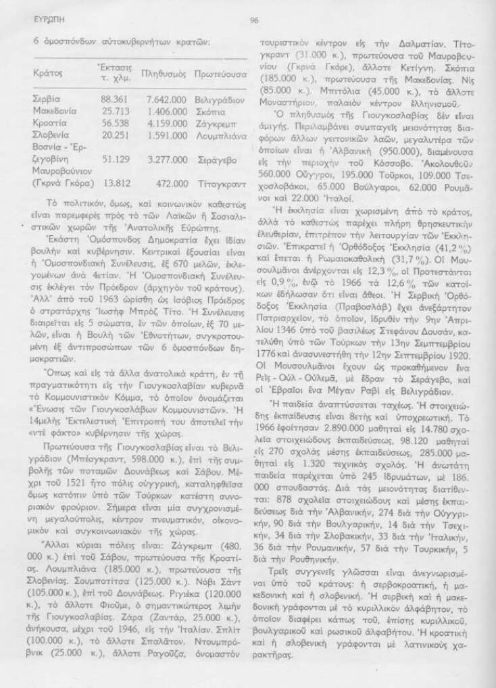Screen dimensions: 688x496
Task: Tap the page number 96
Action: click(x=255, y=21)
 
